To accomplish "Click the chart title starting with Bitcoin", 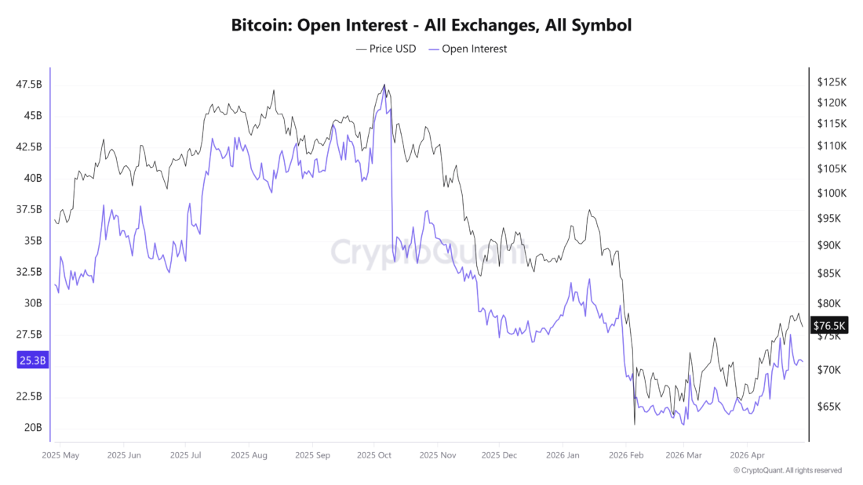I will (431, 25).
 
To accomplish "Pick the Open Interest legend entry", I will (468, 49).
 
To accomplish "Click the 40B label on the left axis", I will (33, 178).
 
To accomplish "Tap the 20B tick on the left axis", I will (33, 428).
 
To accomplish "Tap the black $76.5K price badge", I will (829, 325).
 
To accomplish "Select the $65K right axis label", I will (828, 407).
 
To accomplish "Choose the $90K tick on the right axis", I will (828, 245).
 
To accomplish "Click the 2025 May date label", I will (60, 454).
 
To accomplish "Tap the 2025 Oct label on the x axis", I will (373, 454).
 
